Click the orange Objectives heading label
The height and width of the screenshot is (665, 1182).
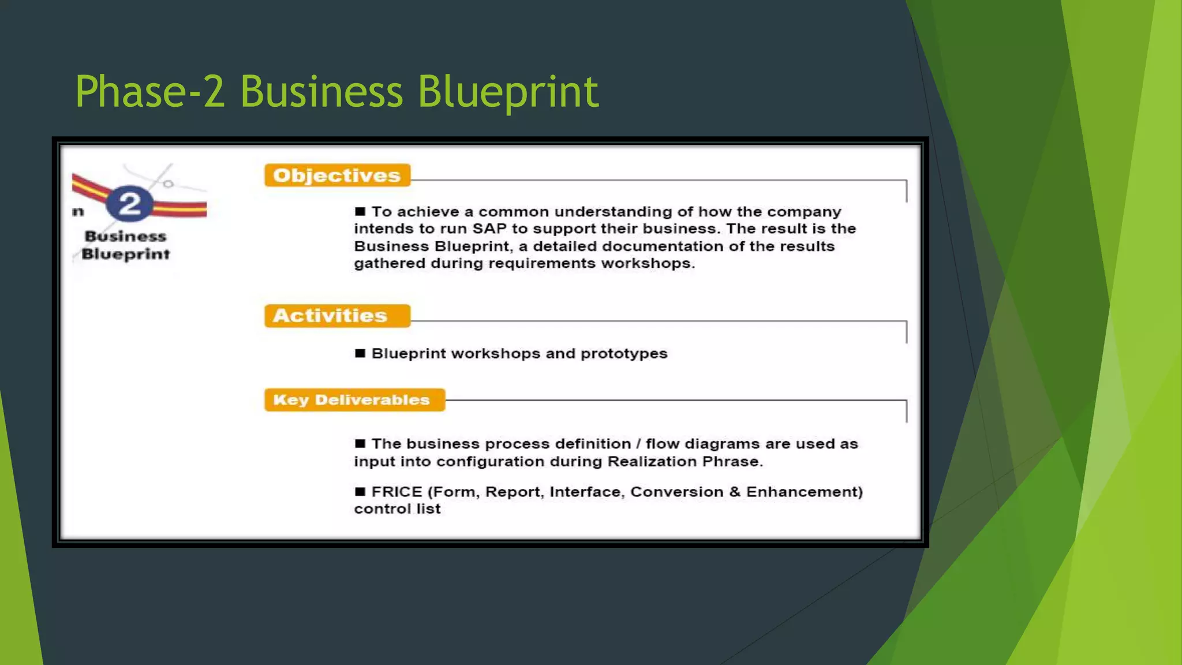point(337,175)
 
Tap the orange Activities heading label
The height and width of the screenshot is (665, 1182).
point(337,316)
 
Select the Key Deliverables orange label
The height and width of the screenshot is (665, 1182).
point(354,400)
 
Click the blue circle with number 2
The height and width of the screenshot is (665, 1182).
point(130,204)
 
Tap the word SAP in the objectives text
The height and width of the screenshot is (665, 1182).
point(489,229)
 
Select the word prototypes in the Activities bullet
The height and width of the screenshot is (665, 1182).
point(624,353)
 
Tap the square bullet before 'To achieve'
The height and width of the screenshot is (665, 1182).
point(360,211)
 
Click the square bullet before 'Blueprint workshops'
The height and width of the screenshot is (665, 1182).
point(360,353)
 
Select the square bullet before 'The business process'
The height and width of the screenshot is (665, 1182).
point(360,443)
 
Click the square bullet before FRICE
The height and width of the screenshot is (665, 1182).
point(360,492)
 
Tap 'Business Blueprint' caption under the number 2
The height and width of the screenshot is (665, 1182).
point(126,245)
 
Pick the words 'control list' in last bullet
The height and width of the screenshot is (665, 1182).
point(397,509)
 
